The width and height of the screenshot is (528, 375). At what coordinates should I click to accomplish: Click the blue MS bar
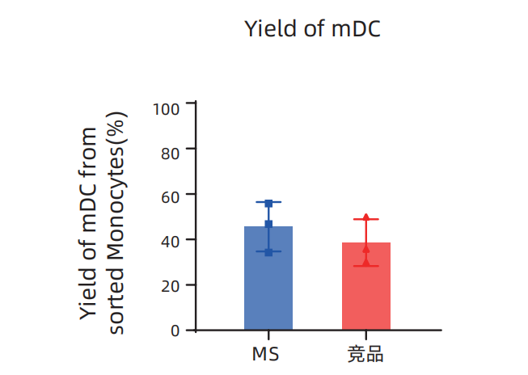pyautogui.click(x=268, y=279)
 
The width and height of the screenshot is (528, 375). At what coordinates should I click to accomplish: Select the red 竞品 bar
pyautogui.click(x=365, y=287)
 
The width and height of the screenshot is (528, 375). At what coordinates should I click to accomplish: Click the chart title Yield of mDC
pyautogui.click(x=312, y=29)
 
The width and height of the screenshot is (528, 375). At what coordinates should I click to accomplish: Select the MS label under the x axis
pyautogui.click(x=268, y=354)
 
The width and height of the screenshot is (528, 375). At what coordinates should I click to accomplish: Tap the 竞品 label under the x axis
pyautogui.click(x=365, y=354)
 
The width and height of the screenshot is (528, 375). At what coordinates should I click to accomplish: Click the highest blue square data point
pyautogui.click(x=268, y=203)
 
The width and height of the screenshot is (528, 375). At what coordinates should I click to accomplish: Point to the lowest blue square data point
pyautogui.click(x=268, y=252)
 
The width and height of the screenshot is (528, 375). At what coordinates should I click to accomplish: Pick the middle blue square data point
pyautogui.click(x=268, y=224)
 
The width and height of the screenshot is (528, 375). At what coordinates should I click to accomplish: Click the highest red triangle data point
pyautogui.click(x=365, y=217)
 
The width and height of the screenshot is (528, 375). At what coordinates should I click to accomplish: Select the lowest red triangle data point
pyautogui.click(x=365, y=262)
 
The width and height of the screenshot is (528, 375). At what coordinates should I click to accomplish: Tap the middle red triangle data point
pyautogui.click(x=365, y=248)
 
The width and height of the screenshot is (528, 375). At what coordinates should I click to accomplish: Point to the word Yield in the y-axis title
pyautogui.click(x=90, y=297)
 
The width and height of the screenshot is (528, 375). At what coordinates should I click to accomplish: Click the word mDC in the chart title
pyautogui.click(x=357, y=29)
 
